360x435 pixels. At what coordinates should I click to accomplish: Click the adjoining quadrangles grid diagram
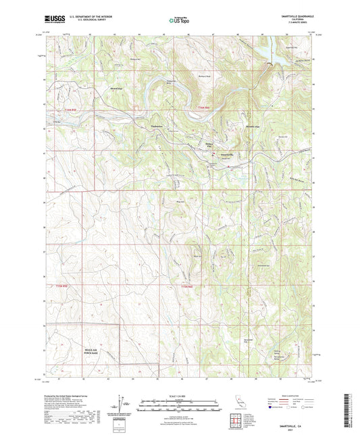[236, 418]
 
